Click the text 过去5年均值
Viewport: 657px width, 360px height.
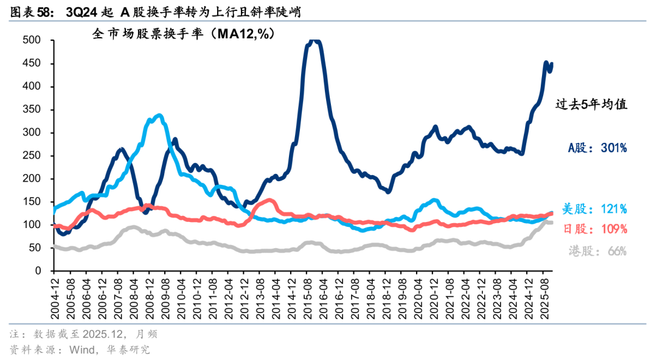click(591, 105)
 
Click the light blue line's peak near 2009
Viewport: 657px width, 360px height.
click(159, 114)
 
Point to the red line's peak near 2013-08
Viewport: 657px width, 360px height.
click(269, 199)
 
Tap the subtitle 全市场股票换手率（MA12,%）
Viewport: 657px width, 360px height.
click(183, 35)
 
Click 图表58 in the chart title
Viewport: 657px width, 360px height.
click(27, 10)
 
